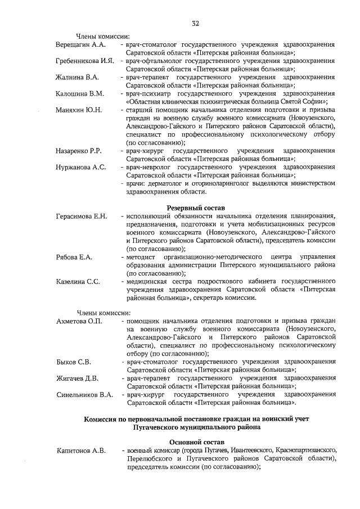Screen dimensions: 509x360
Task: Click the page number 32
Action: tap(195, 23)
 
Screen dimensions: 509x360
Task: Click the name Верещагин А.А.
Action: tap(81, 44)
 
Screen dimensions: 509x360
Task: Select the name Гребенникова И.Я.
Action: tap(85, 60)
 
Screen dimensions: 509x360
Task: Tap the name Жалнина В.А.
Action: tap(78, 76)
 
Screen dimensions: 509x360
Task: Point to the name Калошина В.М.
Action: tap(80, 93)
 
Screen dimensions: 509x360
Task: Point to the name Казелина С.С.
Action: tap(78, 282)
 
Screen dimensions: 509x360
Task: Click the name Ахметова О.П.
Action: tap(79, 320)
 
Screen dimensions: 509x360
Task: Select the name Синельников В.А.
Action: tap(85, 394)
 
